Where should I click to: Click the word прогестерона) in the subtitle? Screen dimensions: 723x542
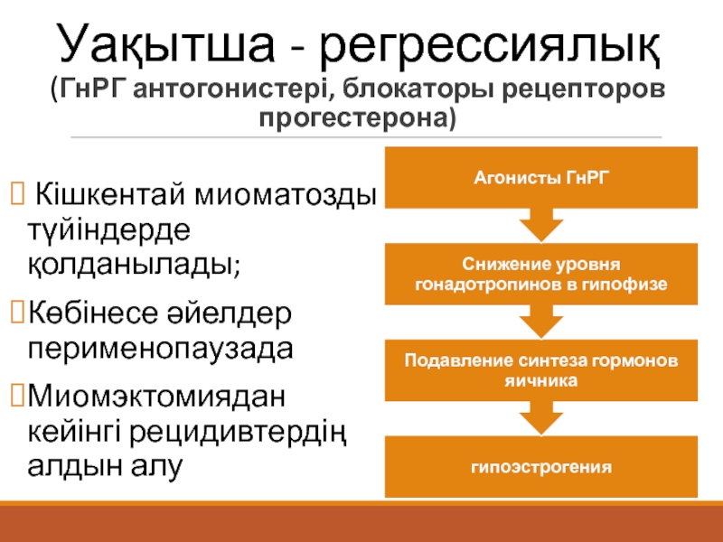pos(361,118)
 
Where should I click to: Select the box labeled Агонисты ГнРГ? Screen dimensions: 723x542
pos(541,178)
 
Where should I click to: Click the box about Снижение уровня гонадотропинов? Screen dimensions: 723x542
pos(541,276)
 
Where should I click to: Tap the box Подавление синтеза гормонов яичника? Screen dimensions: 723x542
pos(541,371)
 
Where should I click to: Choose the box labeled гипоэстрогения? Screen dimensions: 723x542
pos(541,468)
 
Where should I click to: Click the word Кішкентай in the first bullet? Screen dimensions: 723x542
pos(105,195)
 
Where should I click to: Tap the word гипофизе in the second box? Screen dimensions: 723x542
pos(633,285)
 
